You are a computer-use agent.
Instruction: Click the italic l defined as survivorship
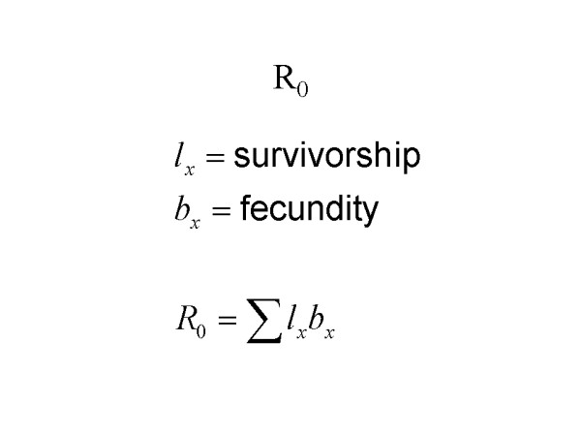168,157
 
